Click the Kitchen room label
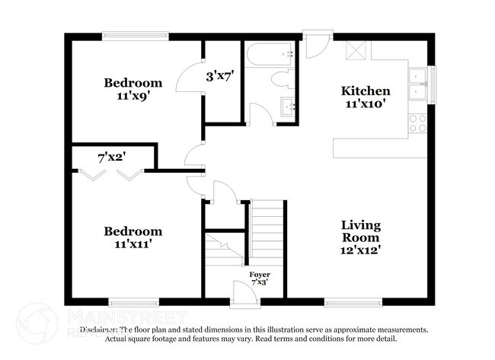[x=365, y=91]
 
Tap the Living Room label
[x=361, y=232]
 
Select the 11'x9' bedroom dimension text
[x=133, y=97]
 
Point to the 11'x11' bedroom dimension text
[x=133, y=245]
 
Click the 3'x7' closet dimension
[x=219, y=76]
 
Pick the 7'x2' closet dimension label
[x=111, y=158]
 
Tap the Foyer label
[x=260, y=274]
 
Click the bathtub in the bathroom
[x=270, y=54]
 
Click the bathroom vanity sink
[x=288, y=107]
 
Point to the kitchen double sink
[x=417, y=83]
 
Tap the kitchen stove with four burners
[x=417, y=123]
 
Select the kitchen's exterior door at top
[x=316, y=42]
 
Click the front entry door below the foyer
[x=245, y=298]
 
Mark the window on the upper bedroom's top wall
[x=136, y=34]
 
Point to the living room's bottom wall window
[x=354, y=301]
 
